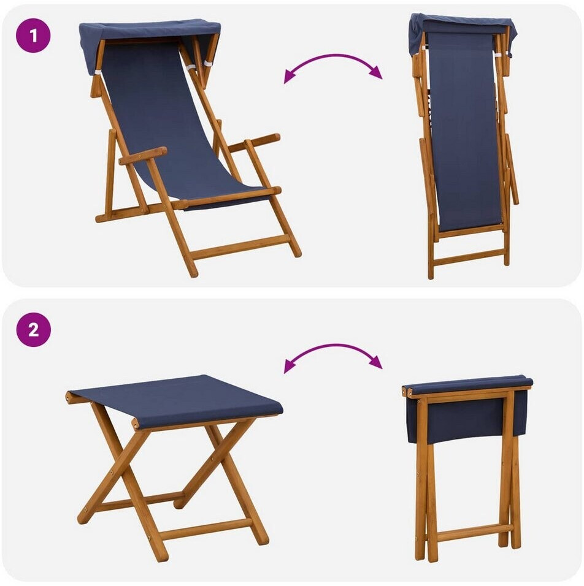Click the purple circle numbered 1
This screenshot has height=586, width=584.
(33, 36)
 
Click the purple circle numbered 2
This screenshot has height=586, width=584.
(33, 330)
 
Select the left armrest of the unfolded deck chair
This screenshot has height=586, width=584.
(143, 156)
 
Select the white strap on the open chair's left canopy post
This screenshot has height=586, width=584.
(98, 72)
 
